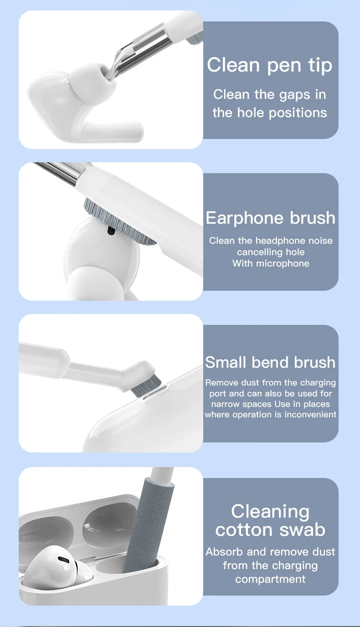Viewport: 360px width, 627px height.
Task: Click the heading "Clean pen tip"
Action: pos(270,66)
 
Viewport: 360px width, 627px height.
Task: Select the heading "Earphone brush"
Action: pos(271,218)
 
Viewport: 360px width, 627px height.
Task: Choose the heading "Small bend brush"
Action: pos(270,362)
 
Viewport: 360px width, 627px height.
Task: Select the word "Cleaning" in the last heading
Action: pos(270,511)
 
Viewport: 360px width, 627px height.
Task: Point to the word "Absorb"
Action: pos(225,552)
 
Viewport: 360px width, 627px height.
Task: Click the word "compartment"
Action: pos(270,579)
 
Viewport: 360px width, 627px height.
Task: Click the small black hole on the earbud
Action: pos(111,231)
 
